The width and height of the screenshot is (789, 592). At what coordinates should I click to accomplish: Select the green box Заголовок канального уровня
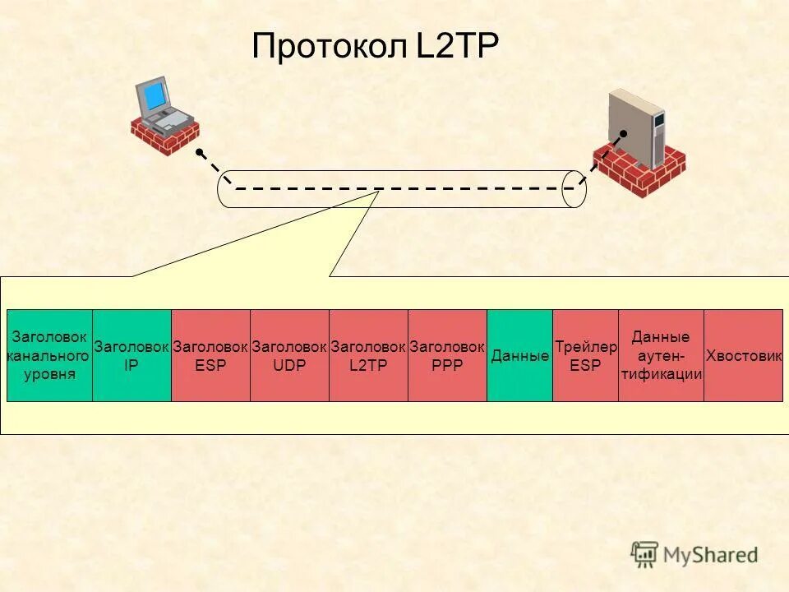tap(49, 355)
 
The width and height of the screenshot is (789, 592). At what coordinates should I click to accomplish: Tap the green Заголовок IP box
tap(131, 355)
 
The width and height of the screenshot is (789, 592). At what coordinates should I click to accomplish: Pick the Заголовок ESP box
tap(210, 355)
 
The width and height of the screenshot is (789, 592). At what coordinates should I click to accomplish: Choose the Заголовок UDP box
tap(289, 355)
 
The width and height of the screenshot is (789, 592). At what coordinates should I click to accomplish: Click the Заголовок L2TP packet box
tap(368, 355)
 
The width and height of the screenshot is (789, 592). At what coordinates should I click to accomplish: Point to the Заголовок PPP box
tap(447, 355)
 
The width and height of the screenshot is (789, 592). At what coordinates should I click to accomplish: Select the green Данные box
tap(519, 355)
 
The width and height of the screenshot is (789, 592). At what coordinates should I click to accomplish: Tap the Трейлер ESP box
tap(585, 355)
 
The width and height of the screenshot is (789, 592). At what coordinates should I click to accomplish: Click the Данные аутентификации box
tap(661, 355)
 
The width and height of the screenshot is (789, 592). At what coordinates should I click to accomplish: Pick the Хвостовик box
tap(743, 355)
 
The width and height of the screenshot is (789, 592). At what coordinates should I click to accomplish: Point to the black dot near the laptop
tap(199, 152)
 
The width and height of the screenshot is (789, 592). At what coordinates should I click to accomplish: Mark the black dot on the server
tap(624, 133)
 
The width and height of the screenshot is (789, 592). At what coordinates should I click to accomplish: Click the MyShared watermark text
tap(707, 554)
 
